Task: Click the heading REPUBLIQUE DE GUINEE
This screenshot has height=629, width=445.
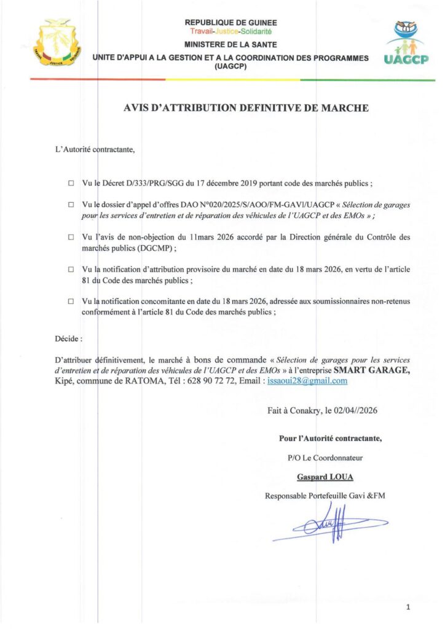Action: [x=230, y=23]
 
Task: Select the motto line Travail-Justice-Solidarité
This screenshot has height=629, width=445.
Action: [x=230, y=31]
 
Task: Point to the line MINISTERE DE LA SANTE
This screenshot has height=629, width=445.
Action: [x=230, y=45]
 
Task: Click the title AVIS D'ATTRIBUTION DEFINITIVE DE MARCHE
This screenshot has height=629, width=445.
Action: [x=246, y=109]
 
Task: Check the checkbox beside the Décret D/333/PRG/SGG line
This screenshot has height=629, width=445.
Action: [x=71, y=183]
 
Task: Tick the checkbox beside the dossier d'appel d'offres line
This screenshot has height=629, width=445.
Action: [x=71, y=203]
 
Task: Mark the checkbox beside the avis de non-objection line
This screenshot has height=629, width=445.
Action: [x=71, y=236]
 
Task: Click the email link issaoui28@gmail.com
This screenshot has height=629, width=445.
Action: [x=308, y=381]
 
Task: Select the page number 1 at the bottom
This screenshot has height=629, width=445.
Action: [x=408, y=607]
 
